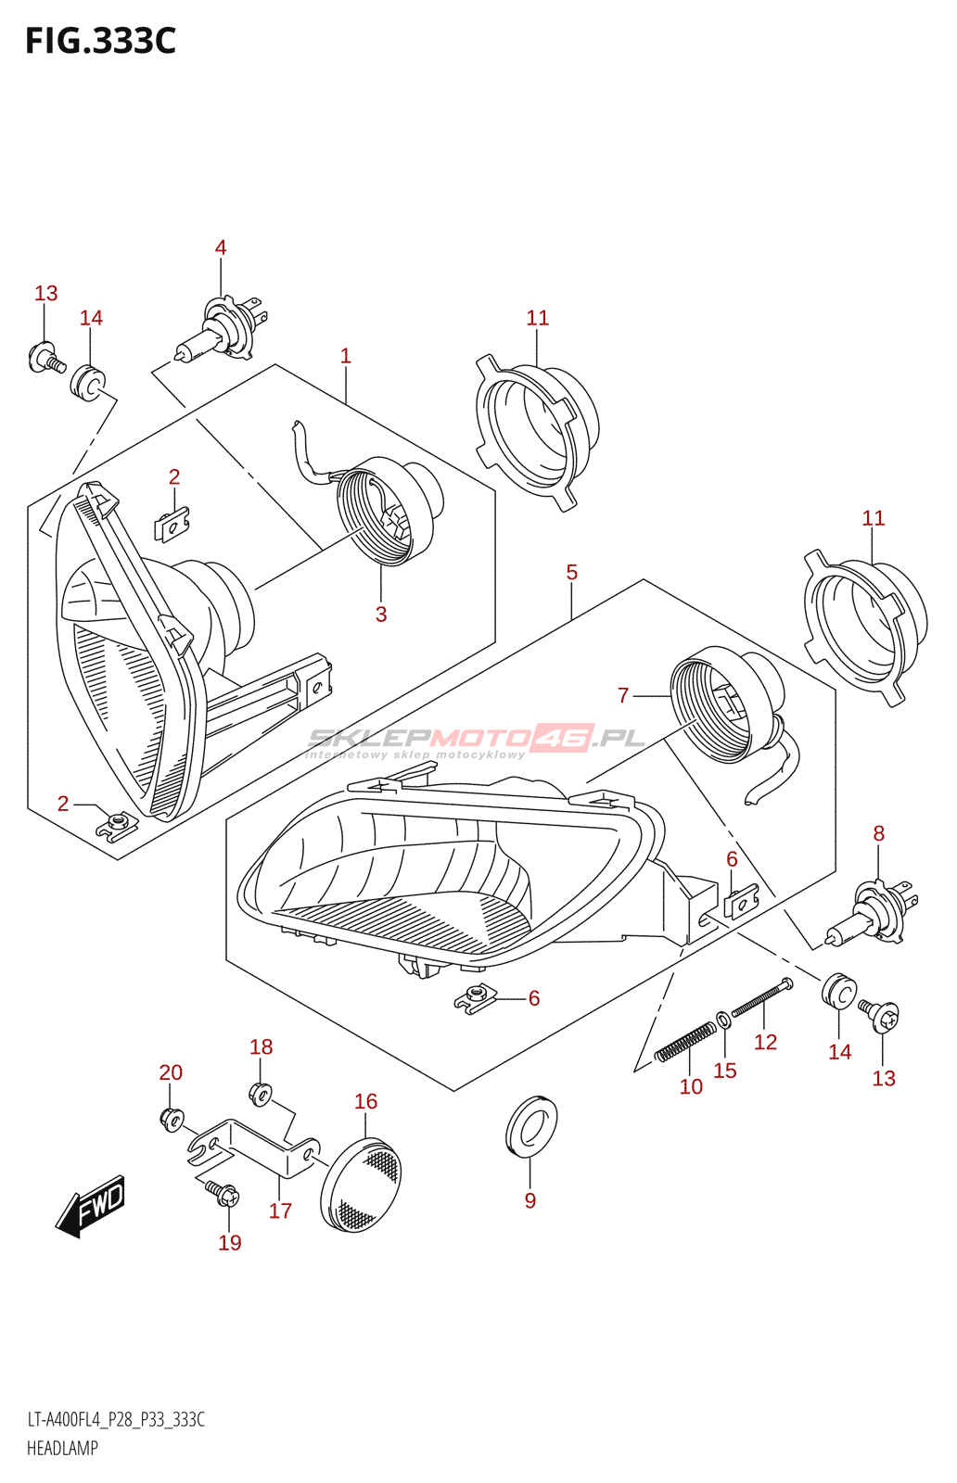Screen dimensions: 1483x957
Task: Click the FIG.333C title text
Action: [100, 41]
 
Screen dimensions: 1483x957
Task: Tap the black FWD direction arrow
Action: [91, 1206]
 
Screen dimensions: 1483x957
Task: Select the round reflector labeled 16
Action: [363, 1185]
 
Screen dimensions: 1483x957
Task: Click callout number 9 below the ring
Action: [530, 1201]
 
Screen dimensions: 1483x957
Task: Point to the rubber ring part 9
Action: [531, 1126]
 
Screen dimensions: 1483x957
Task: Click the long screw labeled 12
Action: [761, 999]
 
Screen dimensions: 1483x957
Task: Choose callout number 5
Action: [572, 573]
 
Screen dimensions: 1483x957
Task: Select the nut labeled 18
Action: [260, 1095]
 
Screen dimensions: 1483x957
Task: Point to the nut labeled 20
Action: [172, 1119]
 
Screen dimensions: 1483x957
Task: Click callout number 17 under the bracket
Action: [280, 1210]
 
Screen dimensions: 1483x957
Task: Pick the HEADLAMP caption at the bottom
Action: [62, 1449]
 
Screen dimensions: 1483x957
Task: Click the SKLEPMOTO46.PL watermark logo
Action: [476, 741]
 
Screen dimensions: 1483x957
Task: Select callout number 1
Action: [346, 356]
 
